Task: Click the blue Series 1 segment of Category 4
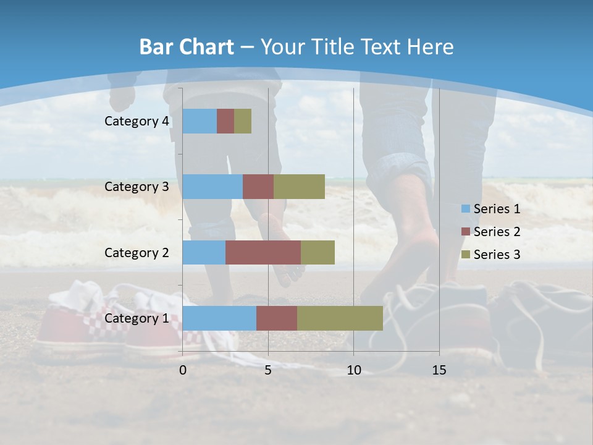[200, 121]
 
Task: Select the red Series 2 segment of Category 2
[263, 252]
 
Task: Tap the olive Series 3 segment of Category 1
[340, 318]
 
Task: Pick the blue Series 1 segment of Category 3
[212, 187]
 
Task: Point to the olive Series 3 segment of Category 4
[243, 121]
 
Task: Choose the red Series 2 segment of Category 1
[277, 318]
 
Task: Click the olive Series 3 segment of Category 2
[318, 252]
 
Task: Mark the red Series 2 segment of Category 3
[258, 187]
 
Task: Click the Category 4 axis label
[137, 121]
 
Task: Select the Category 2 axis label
[137, 252]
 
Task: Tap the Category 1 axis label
[137, 318]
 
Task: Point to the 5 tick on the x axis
[268, 370]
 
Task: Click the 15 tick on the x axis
[439, 370]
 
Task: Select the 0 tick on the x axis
[183, 370]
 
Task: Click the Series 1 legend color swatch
[465, 209]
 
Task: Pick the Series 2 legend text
[497, 232]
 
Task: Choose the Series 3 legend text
[497, 254]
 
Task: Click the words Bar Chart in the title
[186, 47]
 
